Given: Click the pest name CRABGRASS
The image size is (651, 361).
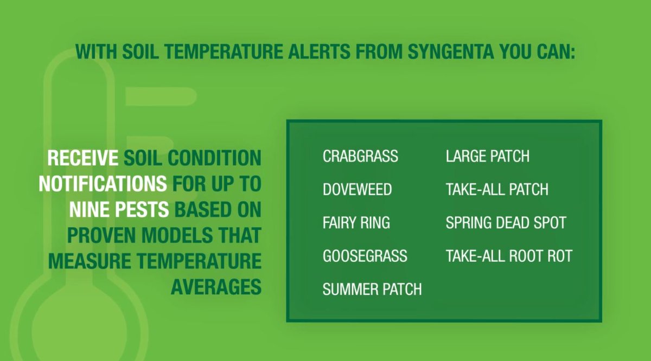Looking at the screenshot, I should [x=360, y=157].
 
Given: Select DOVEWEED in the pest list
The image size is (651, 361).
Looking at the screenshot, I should [x=357, y=190].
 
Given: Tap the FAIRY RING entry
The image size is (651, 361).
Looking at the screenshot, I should [x=356, y=223].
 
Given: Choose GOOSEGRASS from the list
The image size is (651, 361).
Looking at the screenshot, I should [x=365, y=256].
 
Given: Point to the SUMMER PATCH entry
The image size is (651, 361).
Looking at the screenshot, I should [x=372, y=289].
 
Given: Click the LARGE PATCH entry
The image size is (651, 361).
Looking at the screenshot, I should [x=487, y=157].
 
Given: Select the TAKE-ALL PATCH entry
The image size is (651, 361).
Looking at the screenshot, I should [x=496, y=190].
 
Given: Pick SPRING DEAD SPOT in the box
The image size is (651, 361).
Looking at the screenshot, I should [x=506, y=223].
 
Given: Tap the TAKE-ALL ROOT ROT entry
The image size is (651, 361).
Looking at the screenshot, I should [x=508, y=256].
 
